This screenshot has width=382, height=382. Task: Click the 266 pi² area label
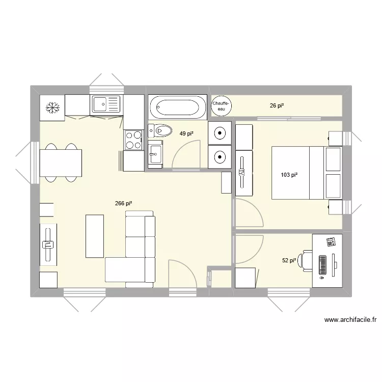pos(124,204)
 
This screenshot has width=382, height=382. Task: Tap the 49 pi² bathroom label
pos(186,134)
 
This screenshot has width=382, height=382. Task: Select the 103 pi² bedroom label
pos(289,175)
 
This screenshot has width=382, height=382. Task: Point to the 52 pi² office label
pos(289,260)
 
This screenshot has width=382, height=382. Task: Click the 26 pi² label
pos(277,106)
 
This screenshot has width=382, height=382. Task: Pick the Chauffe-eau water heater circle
pos(221,105)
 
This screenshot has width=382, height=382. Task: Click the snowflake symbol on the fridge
pos(52,107)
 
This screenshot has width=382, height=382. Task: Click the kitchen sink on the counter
pos(106,105)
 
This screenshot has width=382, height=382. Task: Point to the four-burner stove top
pos(133,140)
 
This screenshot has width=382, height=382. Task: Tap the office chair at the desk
pos(306,260)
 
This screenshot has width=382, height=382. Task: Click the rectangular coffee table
pos(95,236)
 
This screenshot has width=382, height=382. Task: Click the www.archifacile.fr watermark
pos(350,320)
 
